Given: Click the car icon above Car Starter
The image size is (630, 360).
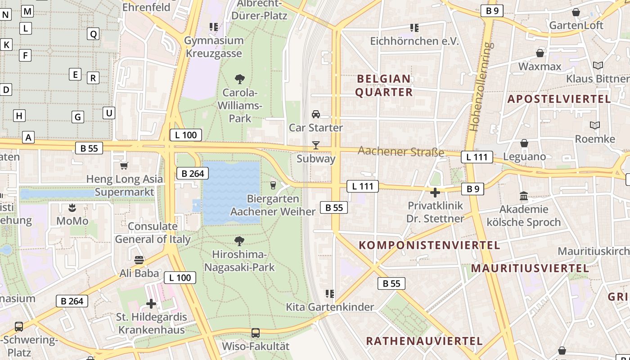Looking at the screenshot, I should [x=316, y=114].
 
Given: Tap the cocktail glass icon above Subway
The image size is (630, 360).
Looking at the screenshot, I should [x=316, y=145].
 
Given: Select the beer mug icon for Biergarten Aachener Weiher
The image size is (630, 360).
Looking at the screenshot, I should [x=273, y=185].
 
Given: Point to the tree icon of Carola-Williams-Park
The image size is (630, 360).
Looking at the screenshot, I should [x=240, y=79].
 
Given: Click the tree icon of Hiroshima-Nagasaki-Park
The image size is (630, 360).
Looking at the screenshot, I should [x=240, y=241].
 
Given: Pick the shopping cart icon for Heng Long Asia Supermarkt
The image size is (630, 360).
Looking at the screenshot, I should [x=124, y=166].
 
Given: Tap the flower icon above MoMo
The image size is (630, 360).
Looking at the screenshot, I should [x=72, y=207].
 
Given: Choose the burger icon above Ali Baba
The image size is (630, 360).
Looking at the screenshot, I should [x=139, y=260].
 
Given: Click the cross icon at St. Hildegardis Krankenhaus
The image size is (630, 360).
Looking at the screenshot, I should [x=151, y=304].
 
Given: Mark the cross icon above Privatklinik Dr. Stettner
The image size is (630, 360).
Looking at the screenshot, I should [x=435, y=193].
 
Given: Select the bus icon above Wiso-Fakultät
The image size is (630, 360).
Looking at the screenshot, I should [x=256, y=333].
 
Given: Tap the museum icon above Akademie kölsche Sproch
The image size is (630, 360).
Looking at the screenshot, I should [x=524, y=196].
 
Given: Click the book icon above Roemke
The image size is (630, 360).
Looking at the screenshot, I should [x=595, y=125].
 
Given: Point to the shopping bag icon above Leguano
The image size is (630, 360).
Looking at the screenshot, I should [x=524, y=144].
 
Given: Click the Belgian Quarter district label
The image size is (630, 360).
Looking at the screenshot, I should [x=384, y=85].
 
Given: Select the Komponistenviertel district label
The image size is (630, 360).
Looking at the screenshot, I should [x=429, y=245].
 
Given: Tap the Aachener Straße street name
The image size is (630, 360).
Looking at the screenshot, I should [x=400, y=152].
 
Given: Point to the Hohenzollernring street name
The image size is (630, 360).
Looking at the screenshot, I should [x=481, y=86].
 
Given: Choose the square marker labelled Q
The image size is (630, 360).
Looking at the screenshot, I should [x=93, y=34].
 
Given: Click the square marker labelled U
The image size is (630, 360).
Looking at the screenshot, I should [x=108, y=113].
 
